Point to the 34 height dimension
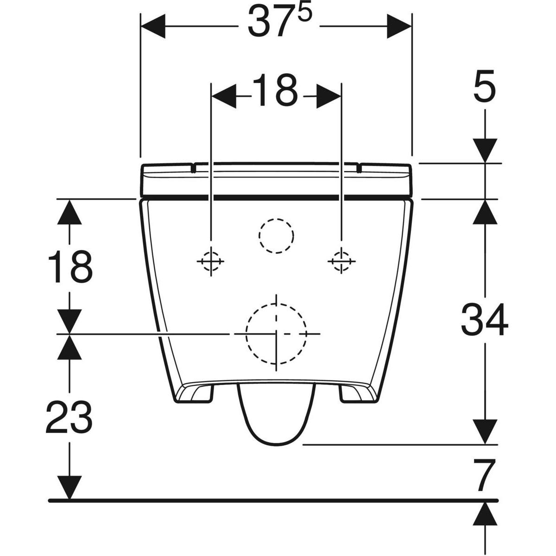coord(485,320)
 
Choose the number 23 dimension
coord(69,417)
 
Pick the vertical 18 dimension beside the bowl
coord(69,267)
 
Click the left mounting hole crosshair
coord(211,262)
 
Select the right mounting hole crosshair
coord(342,261)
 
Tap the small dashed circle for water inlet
coord(276,236)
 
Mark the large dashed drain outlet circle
coord(276,333)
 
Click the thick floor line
coord(273,501)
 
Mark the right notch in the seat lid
coord(360,167)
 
